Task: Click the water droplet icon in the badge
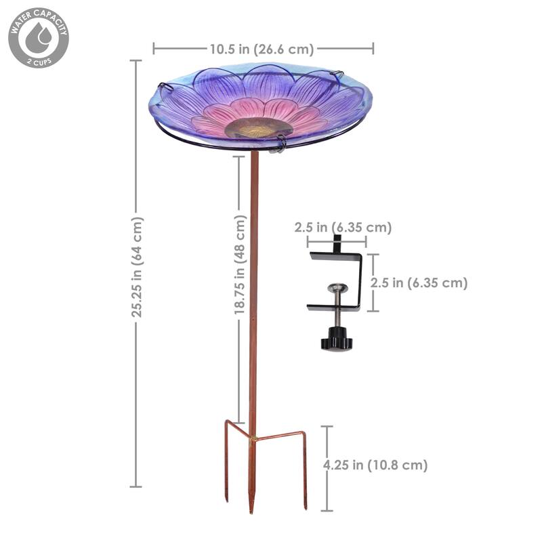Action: tap(38, 38)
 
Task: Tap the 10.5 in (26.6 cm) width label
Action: tap(262, 48)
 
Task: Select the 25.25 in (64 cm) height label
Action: tap(138, 267)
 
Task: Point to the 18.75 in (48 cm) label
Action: tap(240, 265)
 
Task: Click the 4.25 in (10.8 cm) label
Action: tap(375, 465)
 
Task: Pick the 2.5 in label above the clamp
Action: tap(343, 228)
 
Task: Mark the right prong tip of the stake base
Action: tap(306, 507)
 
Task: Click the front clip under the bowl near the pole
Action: tap(280, 143)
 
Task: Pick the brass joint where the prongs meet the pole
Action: tap(253, 439)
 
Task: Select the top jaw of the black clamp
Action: tap(335, 256)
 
